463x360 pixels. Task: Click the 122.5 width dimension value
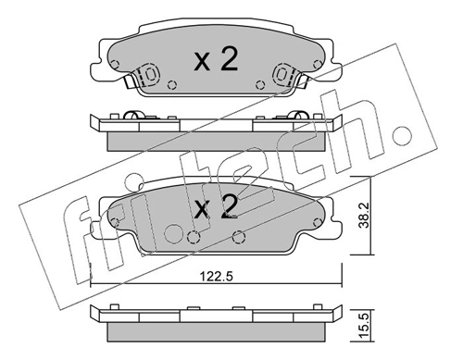tap(216, 276)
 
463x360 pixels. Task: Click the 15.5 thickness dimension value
tap(365, 326)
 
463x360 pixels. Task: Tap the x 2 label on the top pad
tap(216, 60)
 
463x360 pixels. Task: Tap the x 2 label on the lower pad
tap(216, 206)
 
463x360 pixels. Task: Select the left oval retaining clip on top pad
tap(151, 74)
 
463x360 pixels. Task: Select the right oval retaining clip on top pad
tap(282, 74)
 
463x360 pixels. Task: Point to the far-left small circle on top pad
tap(115, 65)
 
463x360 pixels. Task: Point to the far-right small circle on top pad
tap(317, 65)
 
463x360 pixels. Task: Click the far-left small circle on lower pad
tap(115, 222)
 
